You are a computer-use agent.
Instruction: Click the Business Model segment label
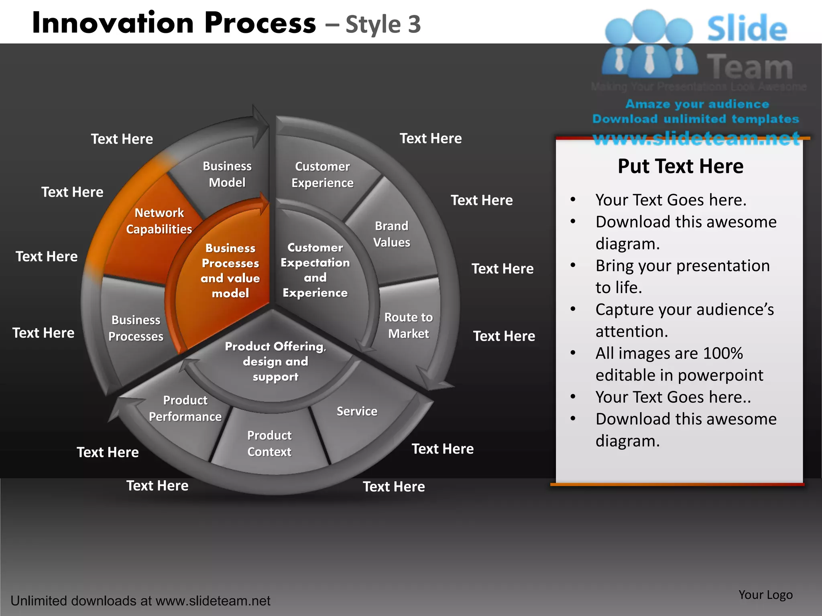click(x=227, y=174)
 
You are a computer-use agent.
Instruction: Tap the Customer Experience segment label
click(x=322, y=174)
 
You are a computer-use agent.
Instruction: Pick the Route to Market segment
click(x=409, y=325)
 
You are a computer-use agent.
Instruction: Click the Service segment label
click(x=357, y=411)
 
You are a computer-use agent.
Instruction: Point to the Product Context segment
click(x=269, y=444)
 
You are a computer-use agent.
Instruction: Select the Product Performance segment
click(x=185, y=408)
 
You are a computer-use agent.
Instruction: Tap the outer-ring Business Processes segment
click(x=136, y=328)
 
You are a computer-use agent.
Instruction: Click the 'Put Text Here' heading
click(x=680, y=166)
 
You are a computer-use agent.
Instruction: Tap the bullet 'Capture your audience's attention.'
click(x=684, y=320)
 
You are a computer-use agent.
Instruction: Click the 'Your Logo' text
click(x=765, y=595)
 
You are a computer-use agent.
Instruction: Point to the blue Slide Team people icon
click(x=649, y=44)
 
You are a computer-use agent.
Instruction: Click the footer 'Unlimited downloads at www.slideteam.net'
click(x=140, y=601)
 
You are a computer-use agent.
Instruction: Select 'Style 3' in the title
click(x=383, y=24)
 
